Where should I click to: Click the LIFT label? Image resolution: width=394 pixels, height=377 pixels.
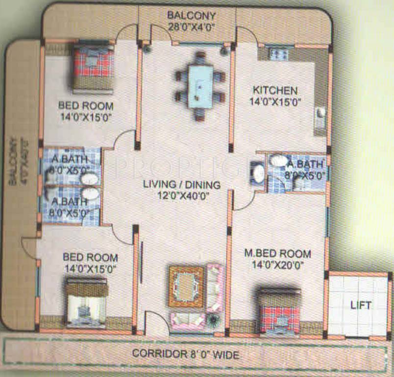pyautogui.click(x=360, y=305)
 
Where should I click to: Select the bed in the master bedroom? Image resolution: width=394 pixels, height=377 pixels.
pyautogui.click(x=279, y=311)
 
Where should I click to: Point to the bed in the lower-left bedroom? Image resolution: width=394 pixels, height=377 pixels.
pyautogui.click(x=86, y=303)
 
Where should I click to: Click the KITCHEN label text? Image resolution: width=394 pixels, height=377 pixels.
pyautogui.click(x=275, y=90)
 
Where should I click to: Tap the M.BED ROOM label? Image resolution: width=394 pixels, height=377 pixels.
pyautogui.click(x=277, y=254)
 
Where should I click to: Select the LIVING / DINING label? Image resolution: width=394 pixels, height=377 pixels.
pyautogui.click(x=181, y=185)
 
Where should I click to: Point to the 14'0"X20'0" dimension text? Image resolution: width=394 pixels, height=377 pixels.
pyautogui.click(x=277, y=266)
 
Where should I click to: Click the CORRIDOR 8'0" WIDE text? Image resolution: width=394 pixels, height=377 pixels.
pyautogui.click(x=186, y=353)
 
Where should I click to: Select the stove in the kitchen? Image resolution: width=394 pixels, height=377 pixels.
pyautogui.click(x=279, y=53)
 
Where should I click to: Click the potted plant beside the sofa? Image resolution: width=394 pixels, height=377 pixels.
pyautogui.click(x=214, y=320)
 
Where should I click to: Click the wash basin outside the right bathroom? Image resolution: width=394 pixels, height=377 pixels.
pyautogui.click(x=258, y=173)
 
